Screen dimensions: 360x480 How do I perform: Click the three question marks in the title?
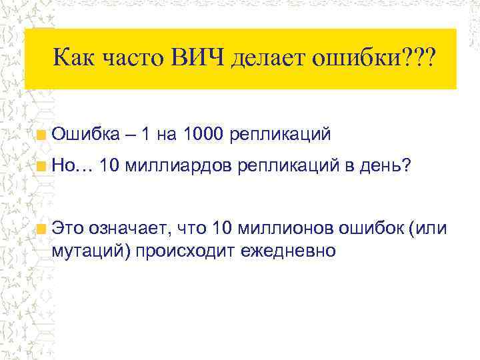point(414,61)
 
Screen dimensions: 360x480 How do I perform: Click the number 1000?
point(203,135)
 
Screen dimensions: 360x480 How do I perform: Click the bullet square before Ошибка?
point(42,135)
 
